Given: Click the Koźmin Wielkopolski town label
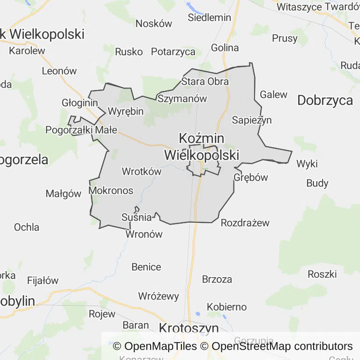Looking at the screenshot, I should pyautogui.click(x=202, y=147).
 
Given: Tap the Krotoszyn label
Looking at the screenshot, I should pyautogui.click(x=189, y=328).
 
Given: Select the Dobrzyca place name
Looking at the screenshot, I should pyautogui.click(x=325, y=100).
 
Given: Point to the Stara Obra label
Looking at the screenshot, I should pyautogui.click(x=205, y=82).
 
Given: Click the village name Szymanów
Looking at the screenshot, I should pyautogui.click(x=182, y=99).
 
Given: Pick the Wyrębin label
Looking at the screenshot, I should pyautogui.click(x=126, y=112).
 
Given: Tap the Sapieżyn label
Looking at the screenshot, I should pyautogui.click(x=252, y=120).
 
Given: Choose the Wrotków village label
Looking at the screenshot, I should pyautogui.click(x=142, y=172).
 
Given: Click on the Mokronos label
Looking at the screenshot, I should pyautogui.click(x=111, y=191).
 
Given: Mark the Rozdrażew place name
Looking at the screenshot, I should pyautogui.click(x=245, y=223).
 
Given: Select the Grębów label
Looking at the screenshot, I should pyautogui.click(x=251, y=178).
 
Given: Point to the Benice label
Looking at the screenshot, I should pyautogui.click(x=146, y=267).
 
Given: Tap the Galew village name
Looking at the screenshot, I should pyautogui.click(x=274, y=95).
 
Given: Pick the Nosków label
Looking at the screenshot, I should pyautogui.click(x=154, y=23).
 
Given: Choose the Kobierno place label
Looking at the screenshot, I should pyautogui.click(x=226, y=307).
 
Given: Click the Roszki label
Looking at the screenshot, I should pyautogui.click(x=322, y=274).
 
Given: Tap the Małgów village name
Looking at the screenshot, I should pyautogui.click(x=63, y=194).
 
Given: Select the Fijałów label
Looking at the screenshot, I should pyautogui.click(x=43, y=281).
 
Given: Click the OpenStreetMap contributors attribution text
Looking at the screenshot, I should pyautogui.click(x=282, y=346).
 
